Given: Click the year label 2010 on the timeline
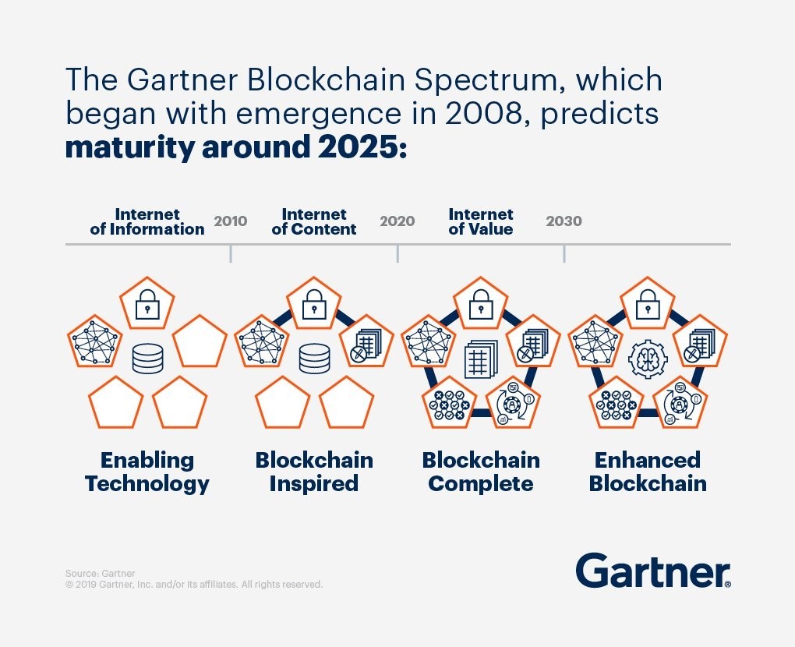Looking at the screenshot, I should [x=231, y=221].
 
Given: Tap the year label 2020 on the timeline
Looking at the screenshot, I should [x=397, y=221].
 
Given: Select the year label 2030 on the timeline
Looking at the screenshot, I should [x=564, y=221].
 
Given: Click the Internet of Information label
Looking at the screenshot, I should [x=147, y=221].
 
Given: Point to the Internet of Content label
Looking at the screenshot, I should [x=314, y=221].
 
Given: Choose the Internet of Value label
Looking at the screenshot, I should [x=481, y=221].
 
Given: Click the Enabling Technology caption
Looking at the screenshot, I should [x=147, y=472].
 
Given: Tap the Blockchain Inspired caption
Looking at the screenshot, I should [x=314, y=472].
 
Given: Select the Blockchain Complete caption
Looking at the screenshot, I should [x=481, y=472].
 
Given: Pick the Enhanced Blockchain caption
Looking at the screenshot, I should [x=648, y=472].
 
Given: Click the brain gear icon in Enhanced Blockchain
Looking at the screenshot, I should [x=648, y=359].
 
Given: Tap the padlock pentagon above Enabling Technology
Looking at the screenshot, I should [x=147, y=306].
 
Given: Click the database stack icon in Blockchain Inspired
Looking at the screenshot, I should [x=314, y=359].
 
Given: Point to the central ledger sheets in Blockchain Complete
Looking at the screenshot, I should [x=481, y=360].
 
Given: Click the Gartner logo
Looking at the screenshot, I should [x=653, y=571].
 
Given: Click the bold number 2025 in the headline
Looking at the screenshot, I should [x=360, y=147].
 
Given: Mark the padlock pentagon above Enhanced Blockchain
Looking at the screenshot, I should [x=648, y=306].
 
